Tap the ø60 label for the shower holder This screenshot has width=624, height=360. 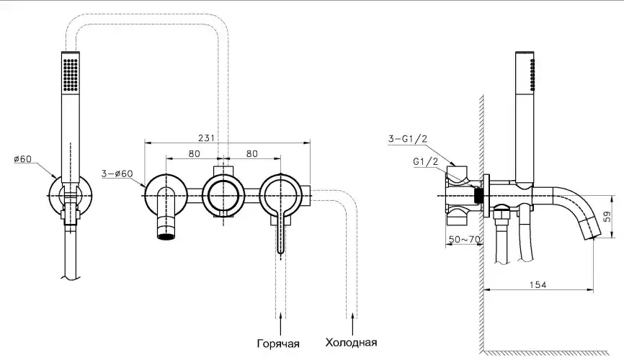coord(22,159)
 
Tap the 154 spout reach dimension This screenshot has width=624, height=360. coord(535,286)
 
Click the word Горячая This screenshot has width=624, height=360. coord(277,342)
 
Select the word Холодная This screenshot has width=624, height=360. coord(351,342)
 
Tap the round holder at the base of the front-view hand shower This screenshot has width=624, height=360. coord(70,194)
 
